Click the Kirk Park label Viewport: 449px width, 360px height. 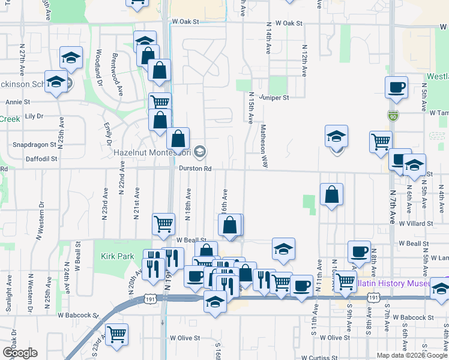coord(118,256)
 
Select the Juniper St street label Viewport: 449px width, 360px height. coord(274,97)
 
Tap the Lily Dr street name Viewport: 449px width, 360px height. coord(34,116)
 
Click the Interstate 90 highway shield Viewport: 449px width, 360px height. coord(393,115)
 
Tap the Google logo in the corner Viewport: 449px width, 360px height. coord(19,352)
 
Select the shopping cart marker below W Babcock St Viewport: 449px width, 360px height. coord(116,334)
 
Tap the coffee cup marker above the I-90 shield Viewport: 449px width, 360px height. coord(396,87)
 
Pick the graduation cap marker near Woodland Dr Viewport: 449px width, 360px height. coord(71,58)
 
